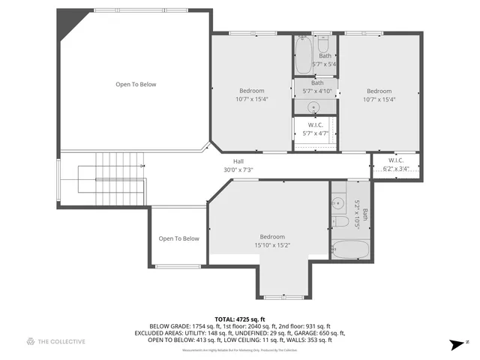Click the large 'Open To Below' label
click(x=136, y=84)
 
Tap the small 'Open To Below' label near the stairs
click(x=178, y=238)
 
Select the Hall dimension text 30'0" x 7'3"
click(x=238, y=169)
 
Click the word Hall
click(x=238, y=161)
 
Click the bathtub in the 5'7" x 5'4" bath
click(x=302, y=55)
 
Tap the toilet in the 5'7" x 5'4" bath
click(x=324, y=43)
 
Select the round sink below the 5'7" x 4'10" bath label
click(x=314, y=106)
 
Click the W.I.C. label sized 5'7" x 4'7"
click(x=315, y=129)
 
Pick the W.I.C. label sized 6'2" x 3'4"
click(x=396, y=164)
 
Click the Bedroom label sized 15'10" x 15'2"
click(x=271, y=241)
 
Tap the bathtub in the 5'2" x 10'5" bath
click(x=349, y=250)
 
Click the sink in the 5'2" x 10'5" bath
click(x=338, y=202)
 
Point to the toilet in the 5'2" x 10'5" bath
click(x=339, y=222)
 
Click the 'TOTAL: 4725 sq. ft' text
click(x=240, y=319)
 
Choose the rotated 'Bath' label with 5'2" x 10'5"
click(x=359, y=214)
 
